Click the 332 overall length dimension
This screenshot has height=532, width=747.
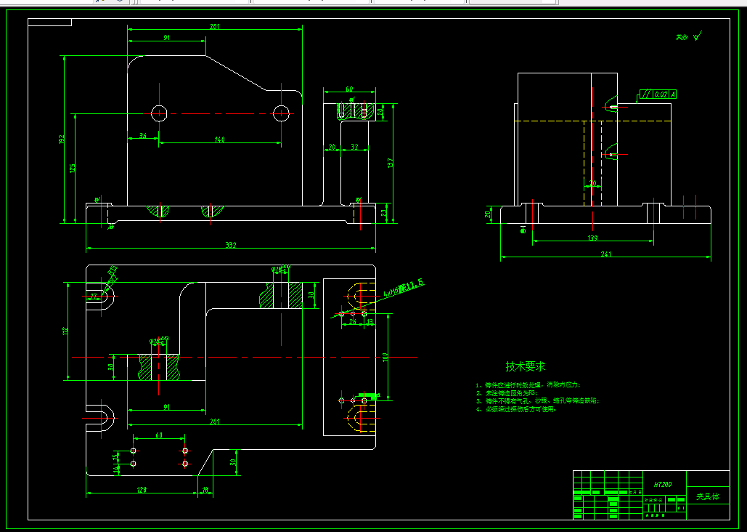[231, 246]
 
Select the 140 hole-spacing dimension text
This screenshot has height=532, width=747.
[219, 140]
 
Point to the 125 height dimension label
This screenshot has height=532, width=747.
[73, 169]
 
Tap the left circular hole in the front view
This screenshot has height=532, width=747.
[159, 113]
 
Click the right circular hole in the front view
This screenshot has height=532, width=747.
[282, 113]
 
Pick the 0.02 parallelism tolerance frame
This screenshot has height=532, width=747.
[657, 94]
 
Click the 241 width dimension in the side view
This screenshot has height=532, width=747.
[606, 254]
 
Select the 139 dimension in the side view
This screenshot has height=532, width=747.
[592, 238]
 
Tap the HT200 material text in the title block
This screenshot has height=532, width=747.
[662, 484]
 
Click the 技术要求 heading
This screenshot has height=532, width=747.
[526, 367]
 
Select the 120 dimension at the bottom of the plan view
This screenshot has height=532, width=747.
[142, 490]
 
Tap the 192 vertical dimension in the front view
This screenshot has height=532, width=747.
[62, 138]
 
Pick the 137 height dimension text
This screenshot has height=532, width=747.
[390, 164]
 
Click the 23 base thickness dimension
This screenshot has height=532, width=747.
[384, 213]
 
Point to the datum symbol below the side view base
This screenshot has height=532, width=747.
[523, 230]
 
